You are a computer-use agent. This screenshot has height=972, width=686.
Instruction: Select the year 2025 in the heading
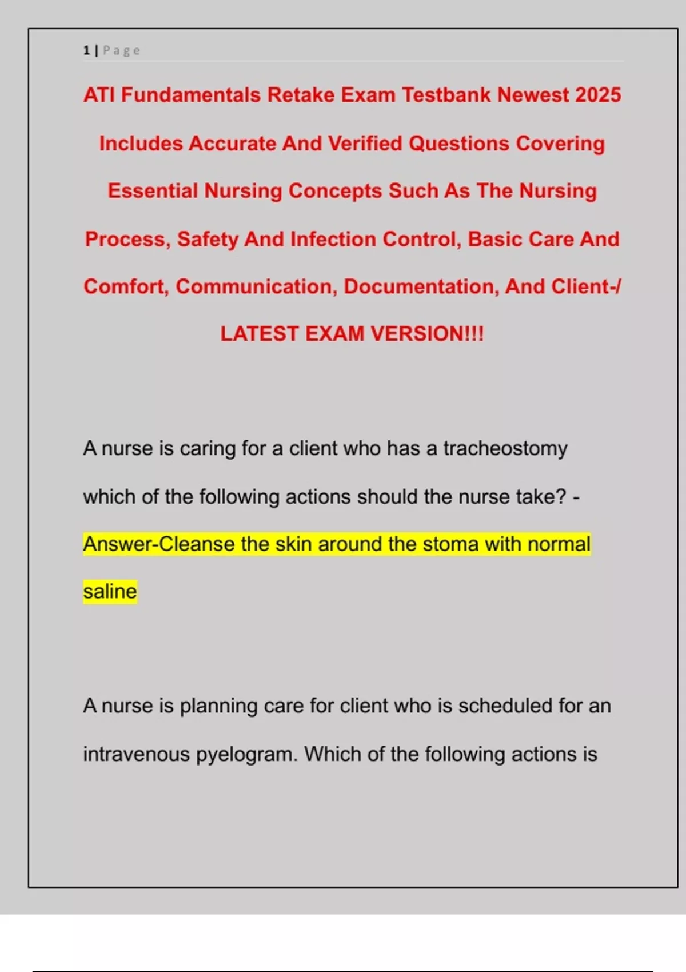click(x=598, y=95)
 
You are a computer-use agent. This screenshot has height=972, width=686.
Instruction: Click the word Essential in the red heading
click(x=153, y=191)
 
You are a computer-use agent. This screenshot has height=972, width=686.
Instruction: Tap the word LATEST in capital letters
click(x=260, y=334)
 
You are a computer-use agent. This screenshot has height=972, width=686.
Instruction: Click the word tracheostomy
click(x=505, y=448)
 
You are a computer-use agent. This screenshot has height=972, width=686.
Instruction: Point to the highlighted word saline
click(x=110, y=591)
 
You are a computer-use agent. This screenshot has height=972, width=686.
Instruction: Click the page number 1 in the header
click(x=86, y=51)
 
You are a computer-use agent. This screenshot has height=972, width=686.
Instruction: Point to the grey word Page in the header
click(x=121, y=51)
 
